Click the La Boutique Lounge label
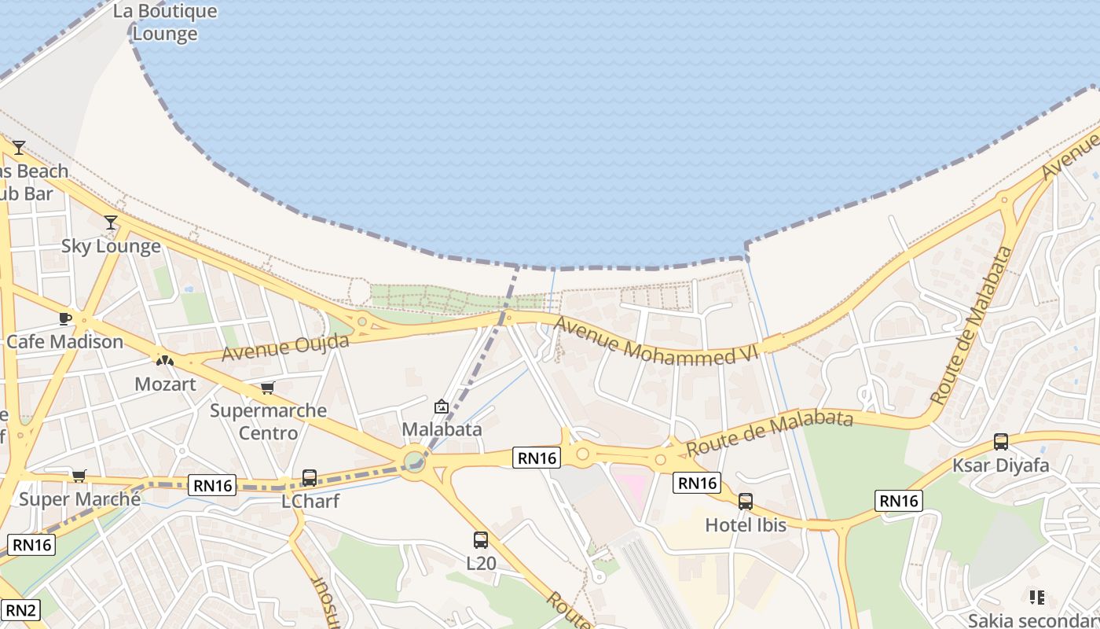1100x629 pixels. (165, 23)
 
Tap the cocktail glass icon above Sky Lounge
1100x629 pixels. (111, 223)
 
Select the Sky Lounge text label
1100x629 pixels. (111, 246)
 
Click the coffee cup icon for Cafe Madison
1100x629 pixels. (65, 318)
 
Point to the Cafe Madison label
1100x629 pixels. (65, 342)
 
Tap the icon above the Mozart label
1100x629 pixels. (164, 361)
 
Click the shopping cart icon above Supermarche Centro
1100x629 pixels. (268, 388)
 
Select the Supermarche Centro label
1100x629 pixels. (268, 421)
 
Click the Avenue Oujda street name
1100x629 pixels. (285, 347)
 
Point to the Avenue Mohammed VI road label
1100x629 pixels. (657, 341)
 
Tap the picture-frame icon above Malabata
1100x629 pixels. (442, 406)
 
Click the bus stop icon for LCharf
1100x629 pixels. (310, 477)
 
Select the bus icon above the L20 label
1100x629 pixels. (481, 540)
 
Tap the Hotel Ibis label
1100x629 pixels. (746, 524)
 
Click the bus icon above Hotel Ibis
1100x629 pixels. (746, 502)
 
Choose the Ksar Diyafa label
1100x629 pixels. (1000, 465)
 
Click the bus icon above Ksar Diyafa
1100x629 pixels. (1000, 442)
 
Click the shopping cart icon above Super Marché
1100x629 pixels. (79, 476)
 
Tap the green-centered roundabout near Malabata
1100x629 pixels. (415, 461)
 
